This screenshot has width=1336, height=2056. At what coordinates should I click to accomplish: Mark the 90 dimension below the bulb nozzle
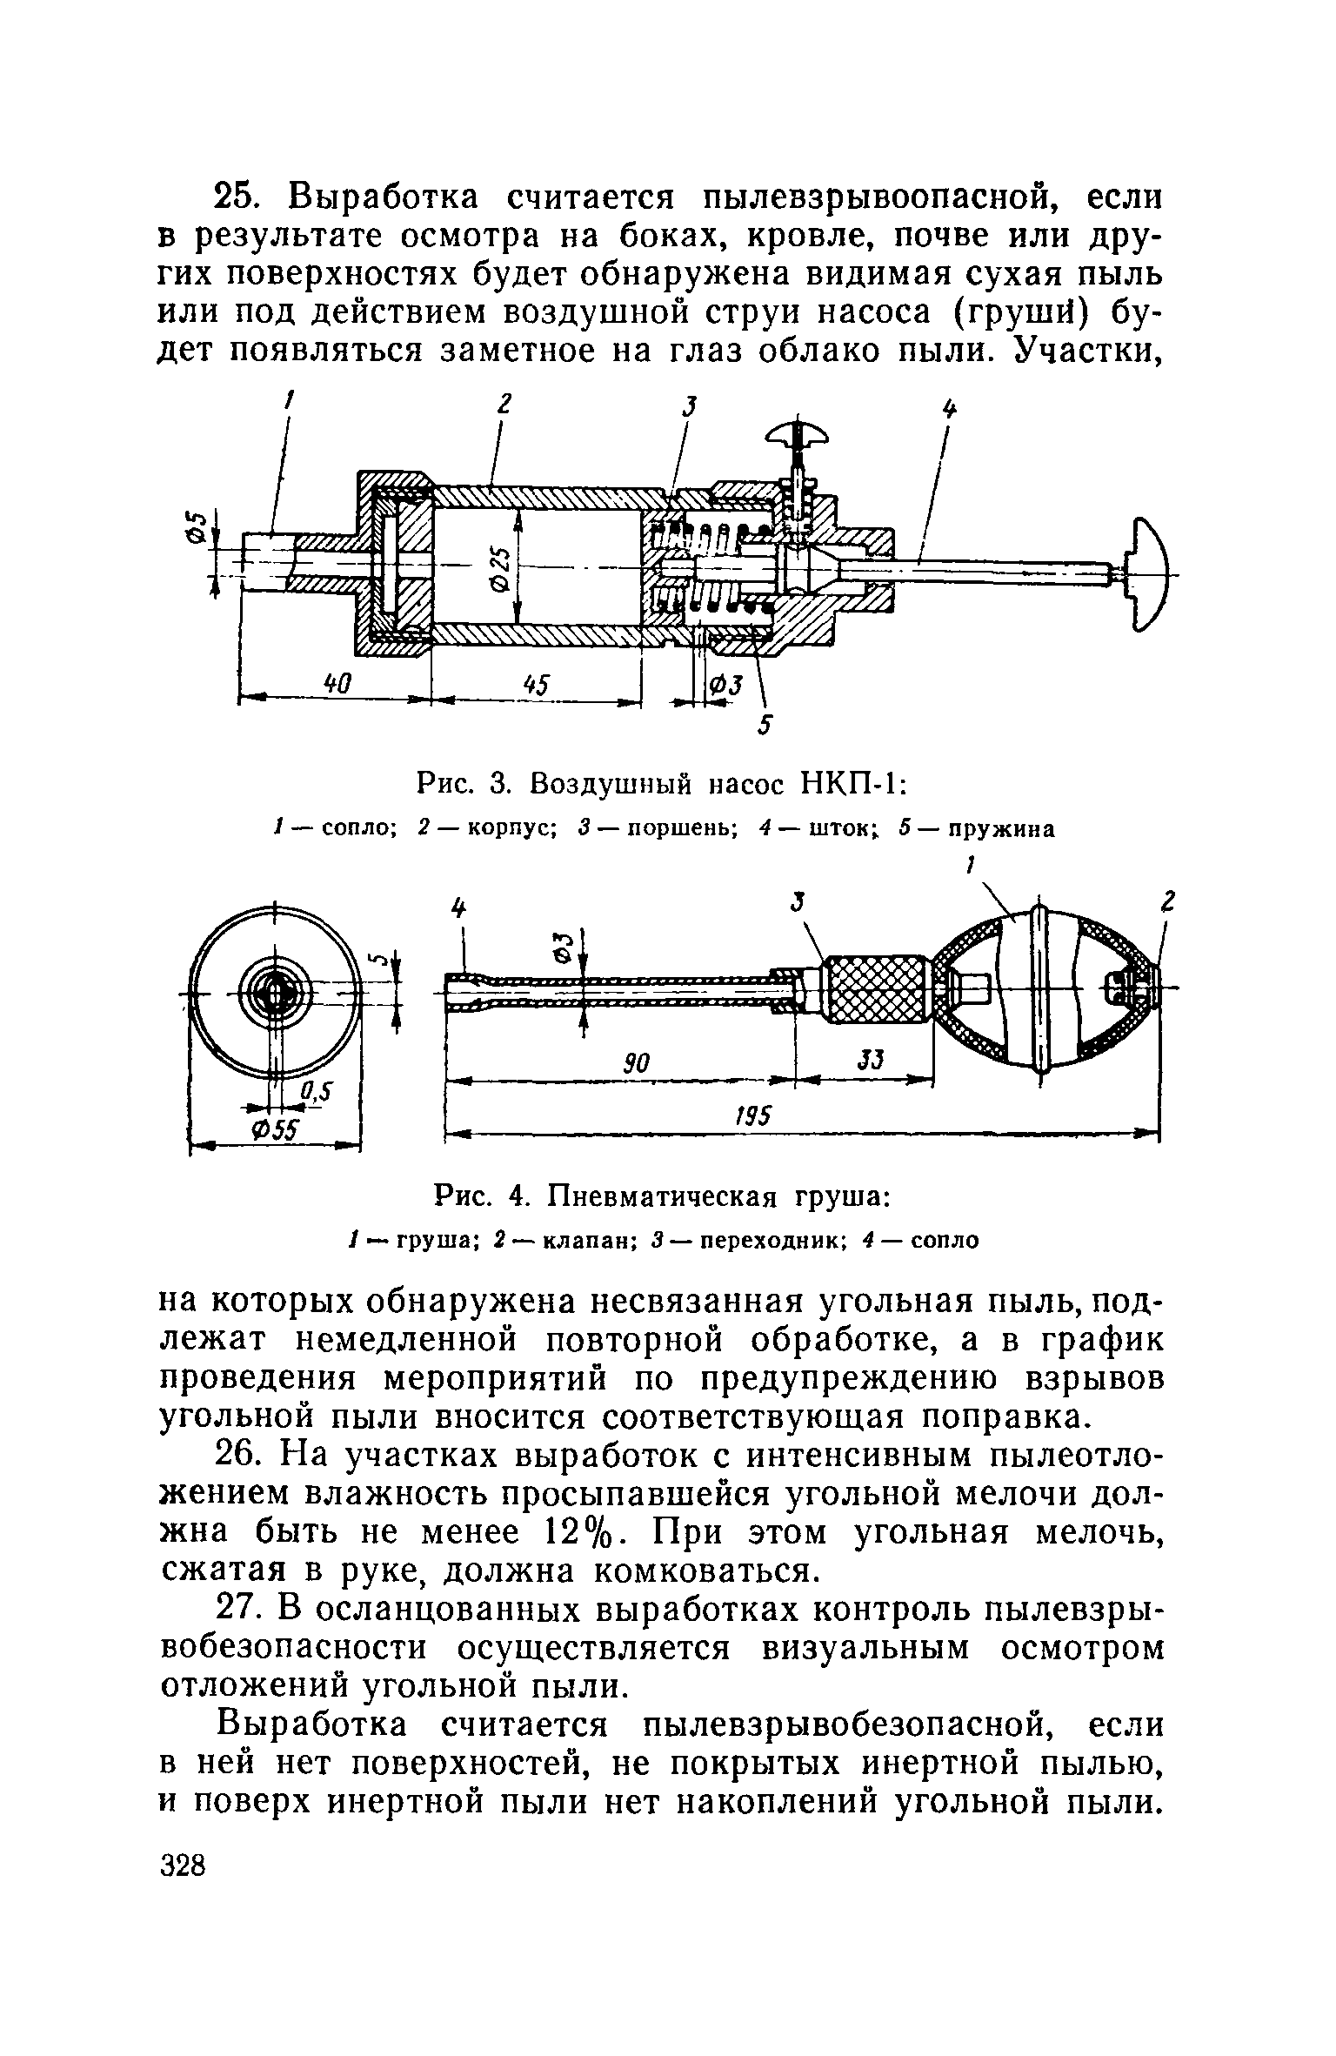click(x=638, y=1062)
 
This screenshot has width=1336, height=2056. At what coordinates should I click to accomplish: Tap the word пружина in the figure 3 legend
click(x=1002, y=829)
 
